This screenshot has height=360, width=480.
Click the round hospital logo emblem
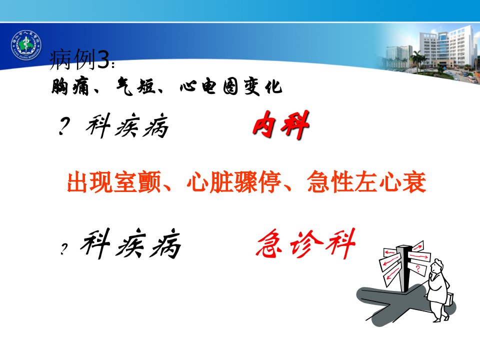coord(26,45)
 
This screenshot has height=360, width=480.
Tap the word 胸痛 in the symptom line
coord(70,87)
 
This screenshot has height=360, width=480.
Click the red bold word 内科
coord(281,125)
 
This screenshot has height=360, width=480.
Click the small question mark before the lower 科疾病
coord(63,249)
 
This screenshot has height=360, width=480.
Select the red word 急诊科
coord(305,243)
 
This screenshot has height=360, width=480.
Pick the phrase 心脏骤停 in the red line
coord(234,182)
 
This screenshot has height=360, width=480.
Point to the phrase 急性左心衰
coord(366,182)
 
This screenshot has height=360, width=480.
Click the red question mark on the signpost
coord(418,269)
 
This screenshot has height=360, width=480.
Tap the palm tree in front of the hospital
coord(416,59)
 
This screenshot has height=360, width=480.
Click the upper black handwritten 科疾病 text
coord(127,125)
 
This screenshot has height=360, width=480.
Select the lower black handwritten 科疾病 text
coord(130,243)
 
